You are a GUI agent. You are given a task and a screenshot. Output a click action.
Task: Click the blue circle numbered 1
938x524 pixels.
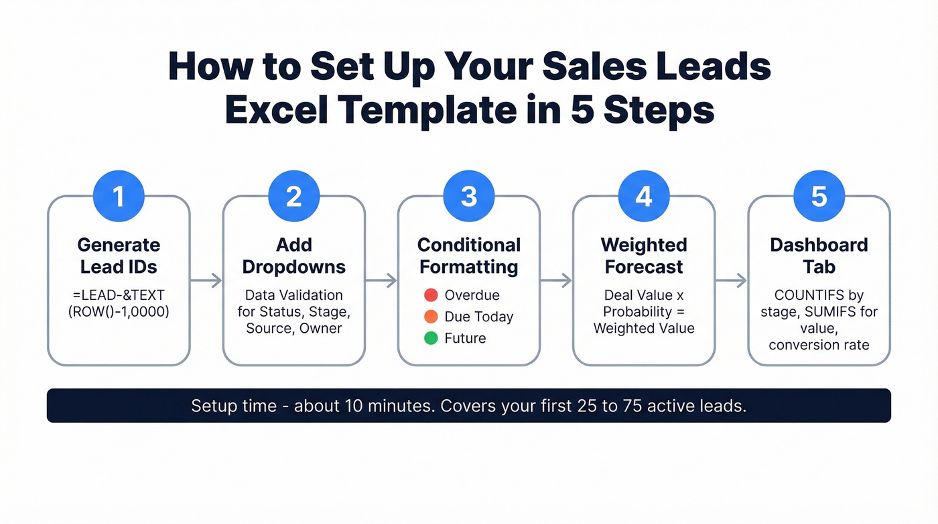click(119, 196)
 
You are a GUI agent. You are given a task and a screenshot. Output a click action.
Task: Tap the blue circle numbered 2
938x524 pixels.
click(294, 196)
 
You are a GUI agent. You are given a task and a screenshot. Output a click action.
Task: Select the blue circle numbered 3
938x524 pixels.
click(469, 196)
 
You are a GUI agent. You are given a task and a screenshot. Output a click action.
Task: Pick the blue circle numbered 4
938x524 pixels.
click(644, 196)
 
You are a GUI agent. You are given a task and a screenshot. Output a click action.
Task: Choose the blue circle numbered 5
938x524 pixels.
click(819, 196)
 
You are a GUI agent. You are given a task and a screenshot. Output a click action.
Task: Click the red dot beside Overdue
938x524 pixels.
click(431, 295)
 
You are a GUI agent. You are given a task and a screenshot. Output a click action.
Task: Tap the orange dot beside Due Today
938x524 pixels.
click(431, 317)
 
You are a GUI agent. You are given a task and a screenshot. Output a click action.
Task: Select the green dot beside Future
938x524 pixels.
click(431, 338)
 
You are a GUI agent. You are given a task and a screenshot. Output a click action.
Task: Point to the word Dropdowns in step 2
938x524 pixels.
click(294, 267)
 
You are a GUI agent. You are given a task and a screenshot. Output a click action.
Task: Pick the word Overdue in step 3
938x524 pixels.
click(472, 295)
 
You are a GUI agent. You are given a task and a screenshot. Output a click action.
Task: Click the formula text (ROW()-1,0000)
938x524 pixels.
click(119, 312)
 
